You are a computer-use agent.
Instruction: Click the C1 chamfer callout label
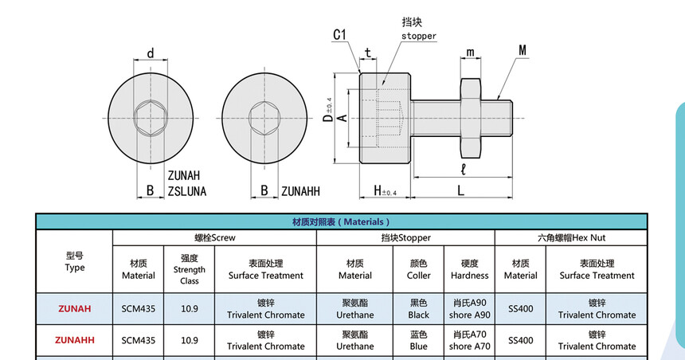pos(339,35)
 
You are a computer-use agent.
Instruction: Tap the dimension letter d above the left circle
pos(151,53)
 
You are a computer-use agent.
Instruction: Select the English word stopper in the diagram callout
pos(419,37)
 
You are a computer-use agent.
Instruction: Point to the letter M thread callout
pos(523,50)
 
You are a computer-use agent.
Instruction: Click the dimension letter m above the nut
pos(470,53)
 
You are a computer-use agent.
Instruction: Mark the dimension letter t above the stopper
pos(368,53)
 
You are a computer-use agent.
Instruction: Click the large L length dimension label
pos(460,190)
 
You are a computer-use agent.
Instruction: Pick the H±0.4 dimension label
pos(385,191)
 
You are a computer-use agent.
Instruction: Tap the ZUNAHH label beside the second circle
pos(300,191)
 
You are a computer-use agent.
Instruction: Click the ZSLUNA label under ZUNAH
pos(187,191)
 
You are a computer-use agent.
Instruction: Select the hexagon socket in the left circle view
pos(151,118)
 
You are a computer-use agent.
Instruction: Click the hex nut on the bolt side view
pos(471,118)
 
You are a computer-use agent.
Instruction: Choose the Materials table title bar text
pos(341,222)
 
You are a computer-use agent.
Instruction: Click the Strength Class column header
pos(189,269)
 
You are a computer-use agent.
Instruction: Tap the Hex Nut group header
pos(571,237)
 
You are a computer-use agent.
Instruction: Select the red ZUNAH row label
pos(75,308)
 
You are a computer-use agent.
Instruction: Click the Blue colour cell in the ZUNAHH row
pos(418,340)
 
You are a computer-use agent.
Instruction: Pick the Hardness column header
pos(470,269)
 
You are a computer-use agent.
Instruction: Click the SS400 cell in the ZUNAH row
pos(521,308)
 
